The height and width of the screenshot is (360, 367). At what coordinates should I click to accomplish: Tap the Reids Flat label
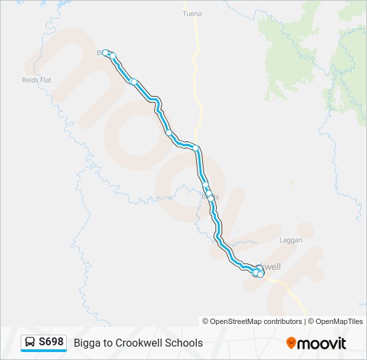click(37, 80)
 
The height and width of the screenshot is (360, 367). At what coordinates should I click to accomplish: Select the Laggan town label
click(291, 240)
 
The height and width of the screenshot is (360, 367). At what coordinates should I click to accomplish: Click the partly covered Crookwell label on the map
click(270, 266)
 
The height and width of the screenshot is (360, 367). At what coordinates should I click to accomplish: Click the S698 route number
click(51, 342)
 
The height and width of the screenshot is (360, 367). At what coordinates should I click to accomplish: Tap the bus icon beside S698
click(31, 342)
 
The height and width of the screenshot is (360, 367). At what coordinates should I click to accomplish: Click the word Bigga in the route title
click(87, 343)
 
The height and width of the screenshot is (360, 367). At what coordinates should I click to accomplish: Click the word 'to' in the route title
click(109, 343)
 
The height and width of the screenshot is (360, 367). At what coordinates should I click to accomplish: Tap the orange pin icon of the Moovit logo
click(291, 343)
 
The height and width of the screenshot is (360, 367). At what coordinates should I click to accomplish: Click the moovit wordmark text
click(322, 343)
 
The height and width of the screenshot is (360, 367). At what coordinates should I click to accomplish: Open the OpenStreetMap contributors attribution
click(256, 321)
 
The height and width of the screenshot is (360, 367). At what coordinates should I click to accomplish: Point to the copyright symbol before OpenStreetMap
click(206, 321)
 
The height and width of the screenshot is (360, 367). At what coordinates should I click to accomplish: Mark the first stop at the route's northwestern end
click(105, 52)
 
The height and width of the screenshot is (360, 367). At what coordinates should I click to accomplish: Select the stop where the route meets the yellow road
click(196, 147)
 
